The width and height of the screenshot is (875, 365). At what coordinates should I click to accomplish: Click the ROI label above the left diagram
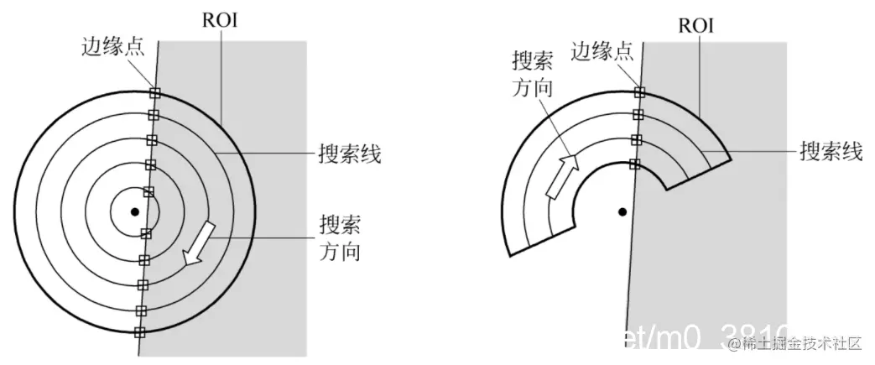(x=220, y=19)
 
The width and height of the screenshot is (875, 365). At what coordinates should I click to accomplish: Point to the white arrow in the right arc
(x=560, y=176)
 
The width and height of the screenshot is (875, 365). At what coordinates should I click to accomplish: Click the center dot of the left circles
(x=134, y=211)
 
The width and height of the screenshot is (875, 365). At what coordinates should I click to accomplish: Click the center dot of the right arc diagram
(x=622, y=211)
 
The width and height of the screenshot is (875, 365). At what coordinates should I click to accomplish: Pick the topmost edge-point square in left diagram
(x=154, y=93)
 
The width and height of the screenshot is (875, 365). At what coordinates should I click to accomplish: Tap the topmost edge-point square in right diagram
(x=639, y=92)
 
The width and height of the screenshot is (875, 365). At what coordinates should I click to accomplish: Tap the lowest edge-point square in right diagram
(x=635, y=163)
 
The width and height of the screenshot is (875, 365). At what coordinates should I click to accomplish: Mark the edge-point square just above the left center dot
(x=148, y=192)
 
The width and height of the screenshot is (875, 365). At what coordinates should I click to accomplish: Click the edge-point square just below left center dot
(x=146, y=234)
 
